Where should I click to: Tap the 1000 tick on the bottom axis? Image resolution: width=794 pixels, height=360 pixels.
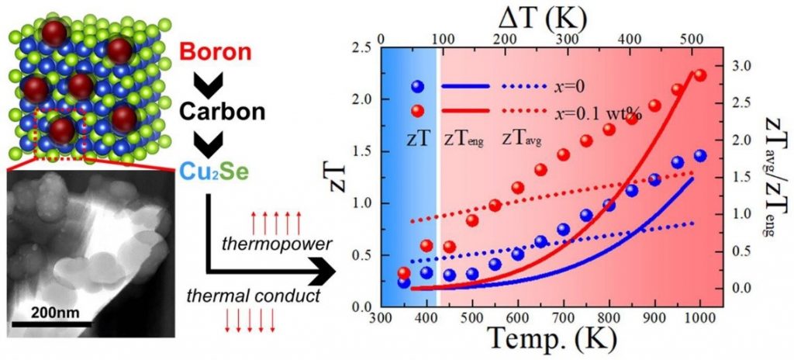point(699,318)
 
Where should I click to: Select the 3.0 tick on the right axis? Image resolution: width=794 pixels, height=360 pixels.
point(744,67)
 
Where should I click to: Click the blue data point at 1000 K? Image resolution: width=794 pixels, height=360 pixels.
point(700,156)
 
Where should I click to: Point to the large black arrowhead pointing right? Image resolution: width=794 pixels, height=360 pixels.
point(321,271)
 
